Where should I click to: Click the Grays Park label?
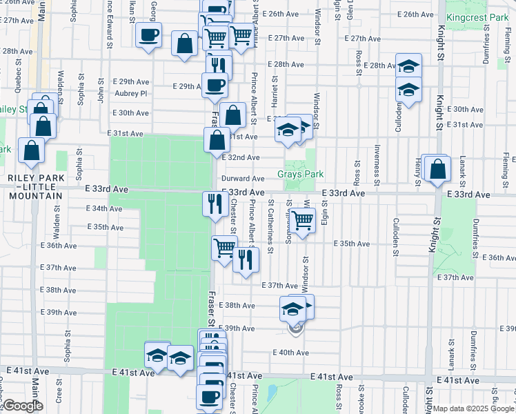coord(301,175)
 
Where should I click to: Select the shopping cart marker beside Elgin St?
coord(302,220)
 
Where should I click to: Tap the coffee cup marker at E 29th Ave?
coord(215,86)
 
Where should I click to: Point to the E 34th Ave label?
coord(105,208)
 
